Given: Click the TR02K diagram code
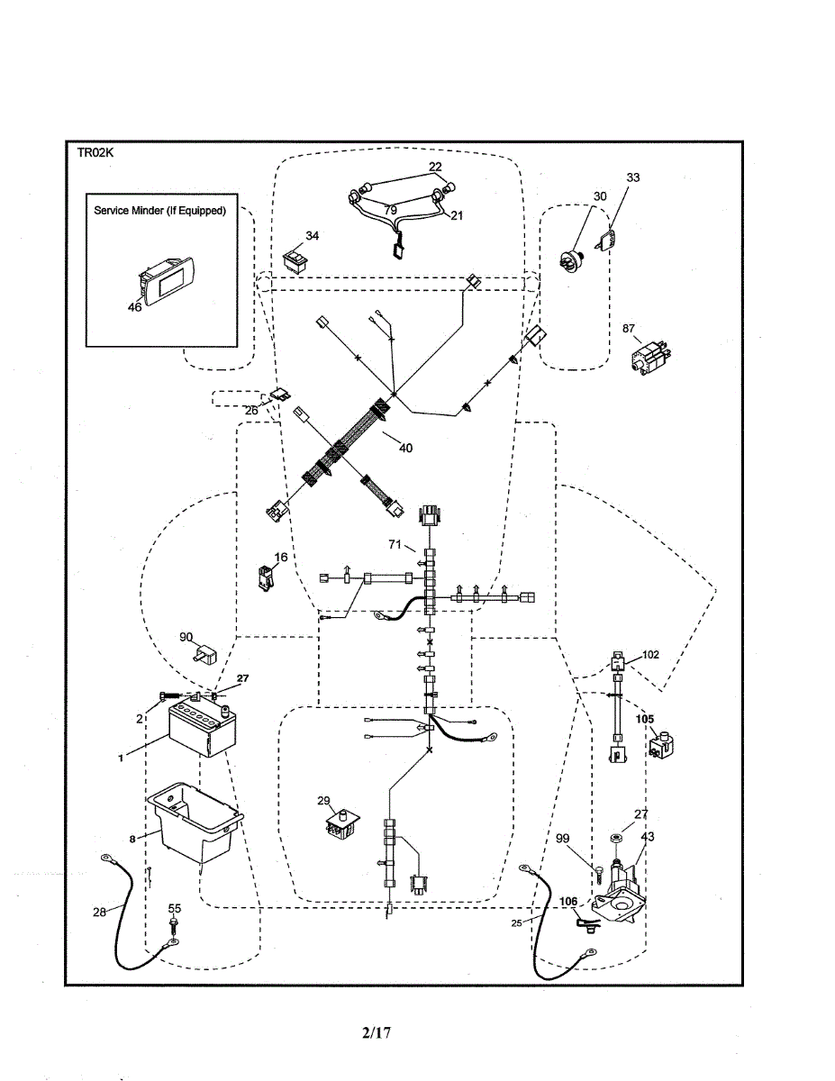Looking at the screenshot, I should pyautogui.click(x=94, y=153).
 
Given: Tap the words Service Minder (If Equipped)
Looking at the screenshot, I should pyautogui.click(x=160, y=211).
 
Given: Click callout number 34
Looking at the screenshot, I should pyautogui.click(x=312, y=236).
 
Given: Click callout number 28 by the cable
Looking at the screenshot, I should pyautogui.click(x=100, y=913).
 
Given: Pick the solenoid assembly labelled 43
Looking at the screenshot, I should pyautogui.click(x=622, y=888).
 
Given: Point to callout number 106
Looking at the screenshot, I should pyautogui.click(x=568, y=901).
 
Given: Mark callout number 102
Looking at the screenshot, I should pyautogui.click(x=650, y=655).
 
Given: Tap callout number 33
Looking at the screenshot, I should pyautogui.click(x=633, y=178).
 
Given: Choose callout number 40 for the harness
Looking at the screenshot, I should pyautogui.click(x=405, y=448).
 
